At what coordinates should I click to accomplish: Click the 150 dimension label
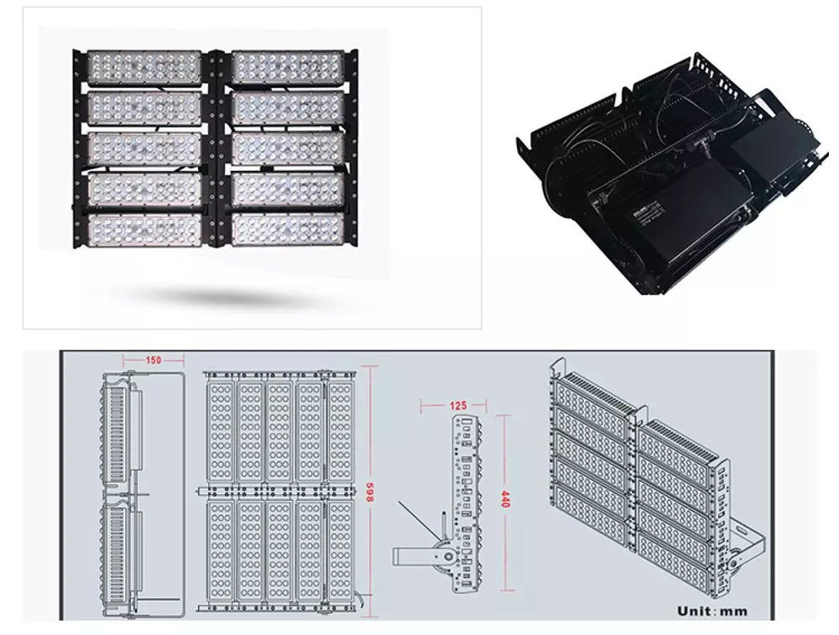coord(153,360)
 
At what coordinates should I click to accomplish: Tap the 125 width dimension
coord(457,406)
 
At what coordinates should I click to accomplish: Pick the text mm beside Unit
coord(733,612)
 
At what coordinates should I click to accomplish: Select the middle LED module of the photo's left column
coord(144,148)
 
